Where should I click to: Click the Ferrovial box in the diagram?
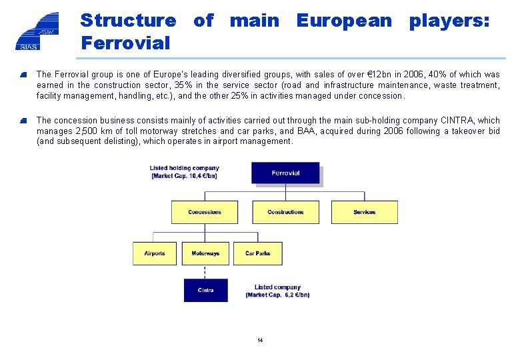coord(285,173)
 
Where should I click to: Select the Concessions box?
coord(205,212)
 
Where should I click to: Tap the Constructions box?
coord(285,212)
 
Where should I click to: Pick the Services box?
coord(365,212)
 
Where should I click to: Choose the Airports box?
coord(155,253)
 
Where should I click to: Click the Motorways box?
coord(205,253)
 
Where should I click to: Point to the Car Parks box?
coord(258,253)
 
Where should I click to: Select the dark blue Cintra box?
coord(205,290)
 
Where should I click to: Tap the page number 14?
coord(260,341)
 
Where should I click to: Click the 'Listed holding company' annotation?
coord(183,172)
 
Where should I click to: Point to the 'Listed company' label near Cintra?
coord(277,291)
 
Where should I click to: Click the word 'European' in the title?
coord(344,21)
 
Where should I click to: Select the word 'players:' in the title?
coord(449,21)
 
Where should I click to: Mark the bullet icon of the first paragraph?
coord(23,75)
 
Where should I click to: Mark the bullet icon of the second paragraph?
coord(23,121)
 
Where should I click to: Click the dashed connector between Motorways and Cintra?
coord(205,271)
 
